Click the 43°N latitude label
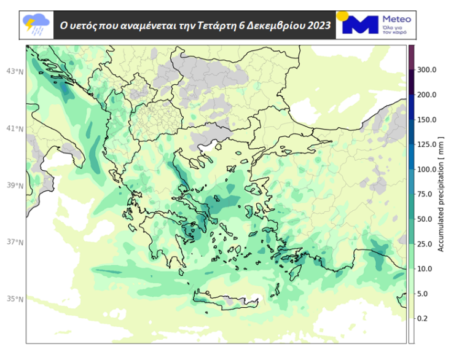[15, 72]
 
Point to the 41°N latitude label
[15, 129]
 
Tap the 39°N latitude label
[15, 186]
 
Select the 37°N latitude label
[15, 243]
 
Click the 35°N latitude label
[15, 299]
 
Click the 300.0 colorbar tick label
[426, 70]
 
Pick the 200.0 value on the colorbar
[426, 95]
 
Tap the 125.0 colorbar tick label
[426, 144]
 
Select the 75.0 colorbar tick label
[425, 194]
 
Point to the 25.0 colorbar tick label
[425, 244]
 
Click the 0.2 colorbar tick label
[423, 318]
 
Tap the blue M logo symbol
[359, 25]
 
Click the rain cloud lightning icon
[36, 25]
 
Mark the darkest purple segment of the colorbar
[412, 55]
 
